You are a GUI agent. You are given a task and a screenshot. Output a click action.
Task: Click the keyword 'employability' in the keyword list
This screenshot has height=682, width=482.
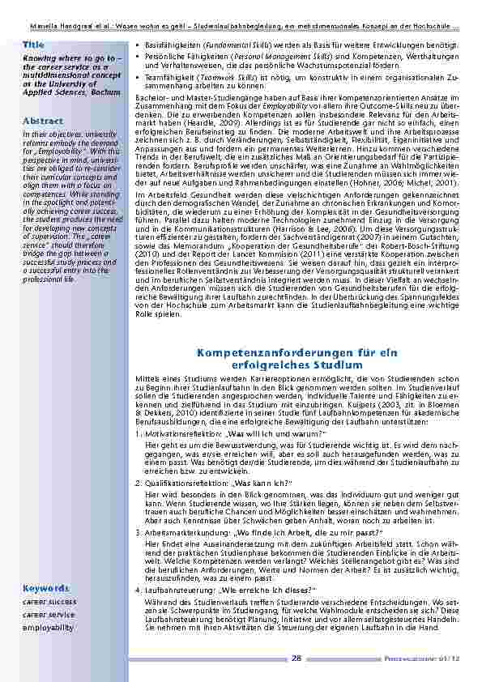coord(48,627)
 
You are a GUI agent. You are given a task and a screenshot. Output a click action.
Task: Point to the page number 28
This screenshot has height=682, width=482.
coord(296,659)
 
